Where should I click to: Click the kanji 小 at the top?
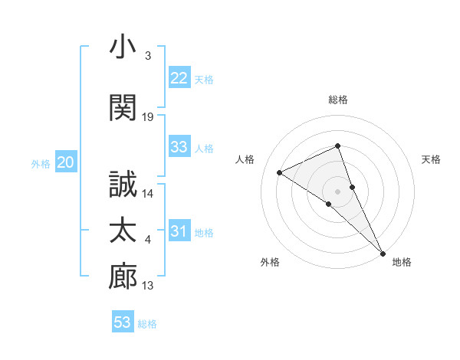123,47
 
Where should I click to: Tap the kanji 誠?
123,184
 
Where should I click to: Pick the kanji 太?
123,231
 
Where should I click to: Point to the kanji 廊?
123,277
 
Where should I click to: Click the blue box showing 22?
179,78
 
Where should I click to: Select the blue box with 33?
179,147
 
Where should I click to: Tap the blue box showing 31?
179,231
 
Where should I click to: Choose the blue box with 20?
66,162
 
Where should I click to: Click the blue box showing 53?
123,322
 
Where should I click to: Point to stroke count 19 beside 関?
148,116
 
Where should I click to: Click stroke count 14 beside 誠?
148,194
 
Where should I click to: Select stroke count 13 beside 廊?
148,286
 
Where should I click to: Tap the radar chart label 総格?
337,100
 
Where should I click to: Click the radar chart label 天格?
431,159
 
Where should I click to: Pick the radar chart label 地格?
402,263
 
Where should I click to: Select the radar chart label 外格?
270,263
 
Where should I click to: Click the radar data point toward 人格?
279,172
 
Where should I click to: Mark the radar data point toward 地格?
383,252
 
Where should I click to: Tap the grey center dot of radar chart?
337,191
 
